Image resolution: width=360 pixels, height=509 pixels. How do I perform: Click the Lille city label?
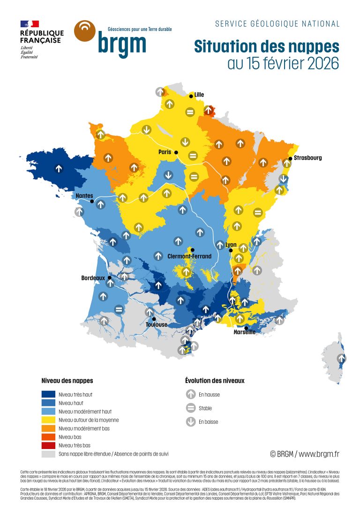pyautogui.click(x=199, y=95)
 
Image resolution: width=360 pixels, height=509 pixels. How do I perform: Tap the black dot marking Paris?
pyautogui.click(x=176, y=153)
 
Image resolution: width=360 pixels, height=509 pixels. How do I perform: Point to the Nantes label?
pyautogui.click(x=84, y=196)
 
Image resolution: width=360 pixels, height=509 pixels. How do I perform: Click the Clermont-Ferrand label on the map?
pyautogui.click(x=189, y=256)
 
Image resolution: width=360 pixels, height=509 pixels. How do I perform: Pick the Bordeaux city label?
pyautogui.click(x=93, y=278)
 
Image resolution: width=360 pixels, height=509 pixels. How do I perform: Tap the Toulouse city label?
pyautogui.click(x=156, y=324)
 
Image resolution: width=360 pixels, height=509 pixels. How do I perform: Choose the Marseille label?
pyautogui.click(x=245, y=332)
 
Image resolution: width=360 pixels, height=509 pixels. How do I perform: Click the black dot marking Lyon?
pyautogui.click(x=231, y=251)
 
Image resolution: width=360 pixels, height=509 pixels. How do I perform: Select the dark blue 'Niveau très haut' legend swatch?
pyautogui.click(x=48, y=394)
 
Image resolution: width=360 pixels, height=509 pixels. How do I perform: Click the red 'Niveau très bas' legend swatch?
pyautogui.click(x=48, y=445)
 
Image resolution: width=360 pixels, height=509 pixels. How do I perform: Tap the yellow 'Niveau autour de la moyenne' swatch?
pyautogui.click(x=48, y=420)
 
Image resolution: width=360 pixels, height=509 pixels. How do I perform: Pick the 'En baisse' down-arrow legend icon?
pyautogui.click(x=190, y=422)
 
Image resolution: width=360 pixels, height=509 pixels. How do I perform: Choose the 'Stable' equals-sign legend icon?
pyautogui.click(x=190, y=408)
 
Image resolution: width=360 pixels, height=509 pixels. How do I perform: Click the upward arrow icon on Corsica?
pyautogui.click(x=342, y=359)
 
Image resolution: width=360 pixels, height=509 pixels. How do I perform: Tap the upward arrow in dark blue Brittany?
pyautogui.click(x=59, y=168)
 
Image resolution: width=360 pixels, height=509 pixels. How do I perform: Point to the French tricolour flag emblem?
pyautogui.click(x=30, y=23)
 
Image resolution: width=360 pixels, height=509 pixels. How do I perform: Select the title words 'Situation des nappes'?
pyautogui.click(x=266, y=47)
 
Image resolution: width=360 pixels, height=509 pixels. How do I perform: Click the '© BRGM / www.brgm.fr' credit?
pyautogui.click(x=304, y=454)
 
